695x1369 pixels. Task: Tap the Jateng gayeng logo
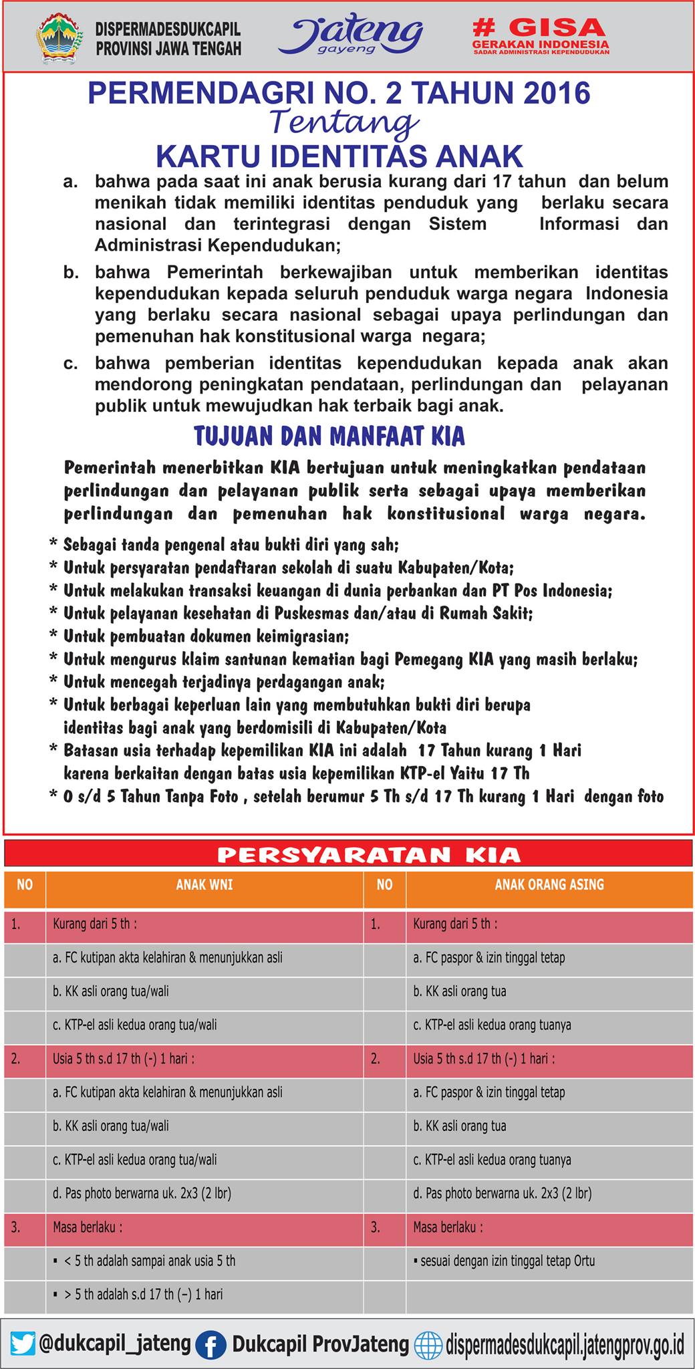point(350,35)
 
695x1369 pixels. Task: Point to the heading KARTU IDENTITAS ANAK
point(339,156)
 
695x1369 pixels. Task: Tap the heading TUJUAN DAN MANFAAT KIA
point(329,437)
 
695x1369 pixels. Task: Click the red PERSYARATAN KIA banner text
point(368,855)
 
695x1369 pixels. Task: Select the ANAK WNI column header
point(204,884)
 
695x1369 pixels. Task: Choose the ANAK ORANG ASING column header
point(549,884)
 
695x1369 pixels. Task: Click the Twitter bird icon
point(23,1344)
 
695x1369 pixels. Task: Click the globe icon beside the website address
point(428,1344)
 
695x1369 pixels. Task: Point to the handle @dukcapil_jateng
point(115,1343)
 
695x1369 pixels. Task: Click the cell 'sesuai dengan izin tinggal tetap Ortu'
point(505,1261)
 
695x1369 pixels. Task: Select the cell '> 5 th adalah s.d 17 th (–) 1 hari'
point(143,1294)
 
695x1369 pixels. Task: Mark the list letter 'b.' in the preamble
point(71,273)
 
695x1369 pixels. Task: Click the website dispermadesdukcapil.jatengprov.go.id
point(565,1344)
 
